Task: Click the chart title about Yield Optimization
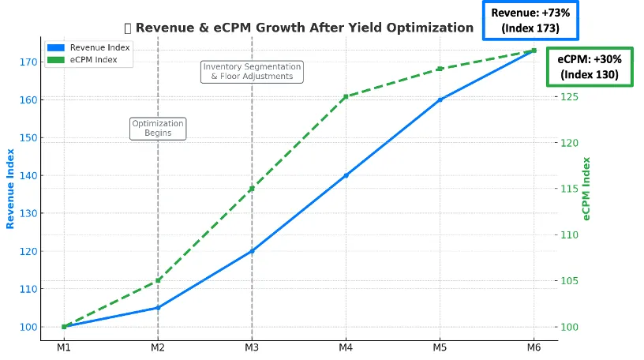[304, 28]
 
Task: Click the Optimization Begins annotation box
[158, 129]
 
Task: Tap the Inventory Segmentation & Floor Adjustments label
[252, 72]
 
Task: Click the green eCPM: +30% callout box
[588, 67]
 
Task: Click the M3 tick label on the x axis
[252, 348]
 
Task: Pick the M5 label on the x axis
[440, 348]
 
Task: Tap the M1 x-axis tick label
[64, 348]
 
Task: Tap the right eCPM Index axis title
[586, 189]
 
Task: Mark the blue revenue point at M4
[346, 175]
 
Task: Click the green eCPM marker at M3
[252, 189]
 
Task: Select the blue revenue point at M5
[440, 99]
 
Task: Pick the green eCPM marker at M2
[158, 280]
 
